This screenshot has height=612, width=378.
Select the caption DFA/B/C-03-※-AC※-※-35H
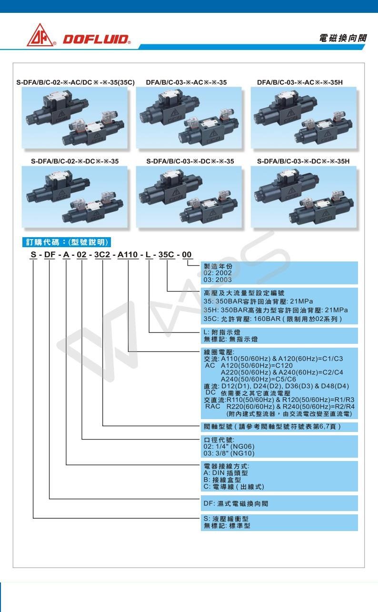[299, 82]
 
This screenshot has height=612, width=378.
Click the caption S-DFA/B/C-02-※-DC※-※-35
[75, 161]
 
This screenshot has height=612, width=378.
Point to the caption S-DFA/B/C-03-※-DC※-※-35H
[303, 161]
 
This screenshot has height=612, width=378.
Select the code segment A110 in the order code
[128, 255]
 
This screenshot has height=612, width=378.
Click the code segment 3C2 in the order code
[102, 255]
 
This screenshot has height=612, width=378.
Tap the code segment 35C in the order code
[167, 255]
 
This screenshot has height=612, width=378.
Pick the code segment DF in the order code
[50, 255]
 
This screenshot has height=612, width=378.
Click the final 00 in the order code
[187, 255]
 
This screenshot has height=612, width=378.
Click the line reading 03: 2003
[218, 280]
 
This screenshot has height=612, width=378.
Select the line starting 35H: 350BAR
[276, 310]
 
